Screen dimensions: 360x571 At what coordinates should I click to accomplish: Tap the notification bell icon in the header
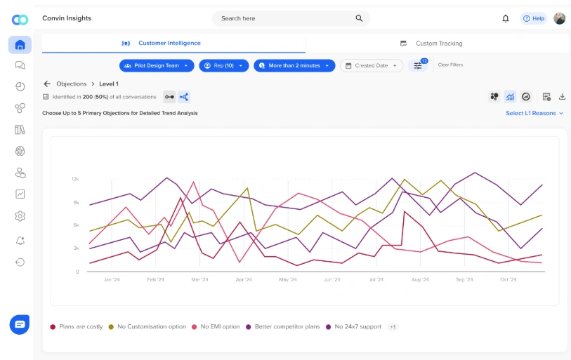506,18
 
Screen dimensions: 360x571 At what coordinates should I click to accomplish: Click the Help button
534,18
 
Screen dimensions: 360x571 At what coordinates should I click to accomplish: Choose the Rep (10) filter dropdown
223,65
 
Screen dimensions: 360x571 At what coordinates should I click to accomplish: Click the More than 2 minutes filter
294,65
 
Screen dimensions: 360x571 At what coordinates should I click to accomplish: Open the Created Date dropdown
372,65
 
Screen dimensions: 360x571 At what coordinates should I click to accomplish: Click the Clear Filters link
450,65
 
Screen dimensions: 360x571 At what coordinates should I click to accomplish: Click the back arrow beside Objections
47,84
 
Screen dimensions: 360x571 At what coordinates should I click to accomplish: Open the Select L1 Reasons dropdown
534,113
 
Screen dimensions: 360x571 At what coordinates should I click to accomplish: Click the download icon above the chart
562,97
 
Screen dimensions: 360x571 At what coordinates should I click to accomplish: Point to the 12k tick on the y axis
74,179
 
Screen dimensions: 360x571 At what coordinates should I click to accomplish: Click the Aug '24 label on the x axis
420,279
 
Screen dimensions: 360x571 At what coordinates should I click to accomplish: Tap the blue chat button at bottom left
20,324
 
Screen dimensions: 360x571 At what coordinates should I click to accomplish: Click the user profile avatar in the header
559,18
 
